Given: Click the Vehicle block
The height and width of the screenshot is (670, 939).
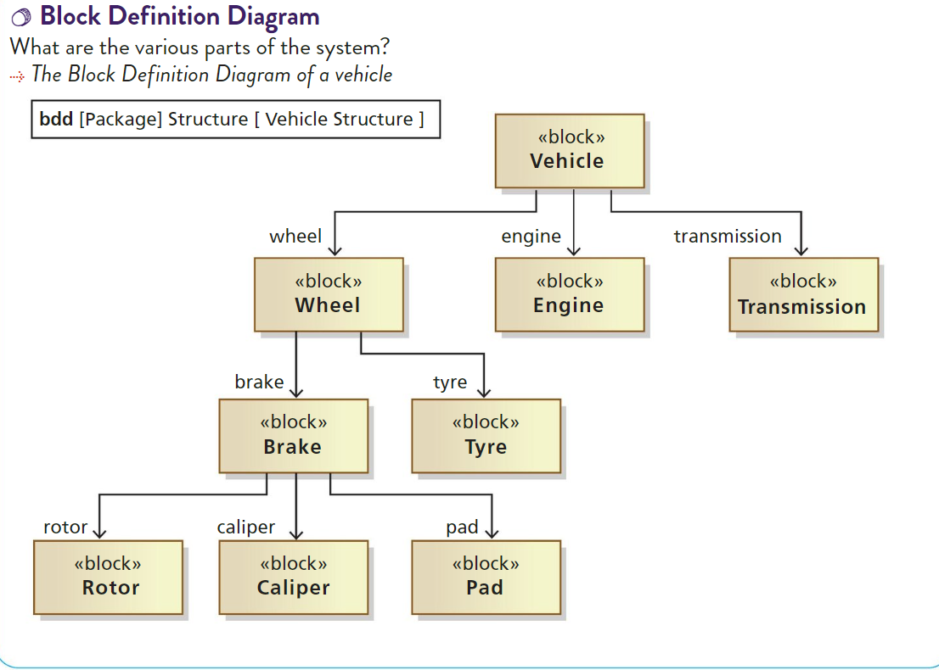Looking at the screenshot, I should [569, 151].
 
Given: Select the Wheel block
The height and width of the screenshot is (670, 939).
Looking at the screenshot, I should [329, 294].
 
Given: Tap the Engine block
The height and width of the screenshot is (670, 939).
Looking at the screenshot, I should [569, 294].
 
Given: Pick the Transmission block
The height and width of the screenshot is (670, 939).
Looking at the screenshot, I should [803, 294].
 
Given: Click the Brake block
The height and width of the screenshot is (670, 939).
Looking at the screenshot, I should [293, 436].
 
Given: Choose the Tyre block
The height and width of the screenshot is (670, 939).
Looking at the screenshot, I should [486, 436].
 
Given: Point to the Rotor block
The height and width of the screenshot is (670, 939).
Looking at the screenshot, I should [109, 577].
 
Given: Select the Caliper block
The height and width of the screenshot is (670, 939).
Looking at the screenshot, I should [293, 577].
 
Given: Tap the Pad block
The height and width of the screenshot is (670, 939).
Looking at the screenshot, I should [486, 577].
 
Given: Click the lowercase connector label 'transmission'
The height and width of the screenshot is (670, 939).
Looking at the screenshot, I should [728, 237].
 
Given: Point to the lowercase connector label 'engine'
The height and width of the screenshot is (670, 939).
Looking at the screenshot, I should [531, 237].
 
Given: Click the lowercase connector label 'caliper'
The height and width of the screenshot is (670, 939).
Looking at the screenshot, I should [245, 527].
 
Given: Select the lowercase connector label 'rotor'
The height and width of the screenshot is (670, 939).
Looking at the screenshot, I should [65, 527].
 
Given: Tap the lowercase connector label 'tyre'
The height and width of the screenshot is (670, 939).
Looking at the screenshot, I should [450, 382].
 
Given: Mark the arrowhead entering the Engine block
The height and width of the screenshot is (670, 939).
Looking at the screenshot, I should [574, 249].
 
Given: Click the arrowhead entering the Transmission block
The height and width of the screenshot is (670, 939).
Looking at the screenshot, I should [801, 249].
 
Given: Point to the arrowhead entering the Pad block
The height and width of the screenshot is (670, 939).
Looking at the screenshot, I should [491, 533].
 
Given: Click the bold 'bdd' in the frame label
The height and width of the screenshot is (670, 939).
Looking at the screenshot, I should [56, 120].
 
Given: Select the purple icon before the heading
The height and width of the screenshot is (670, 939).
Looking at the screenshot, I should [23, 17].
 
